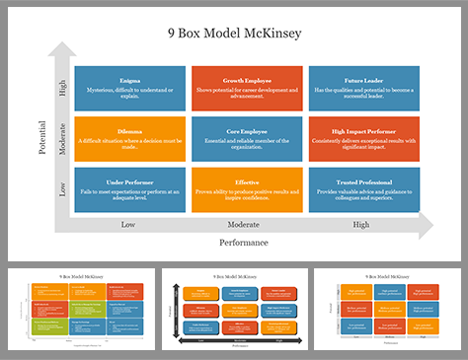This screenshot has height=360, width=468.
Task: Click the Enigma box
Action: pyautogui.click(x=130, y=88)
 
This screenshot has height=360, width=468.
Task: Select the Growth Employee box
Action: pyautogui.click(x=248, y=88)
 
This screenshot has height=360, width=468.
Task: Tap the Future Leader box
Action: pyautogui.click(x=364, y=88)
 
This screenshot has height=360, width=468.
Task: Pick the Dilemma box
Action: pyautogui.click(x=130, y=138)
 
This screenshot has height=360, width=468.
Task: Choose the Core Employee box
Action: pyautogui.click(x=248, y=138)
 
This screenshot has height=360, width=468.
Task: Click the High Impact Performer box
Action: pyautogui.click(x=364, y=138)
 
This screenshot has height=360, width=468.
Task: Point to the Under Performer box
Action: pyautogui.click(x=130, y=189)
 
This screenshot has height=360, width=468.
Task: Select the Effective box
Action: pyautogui.click(x=248, y=189)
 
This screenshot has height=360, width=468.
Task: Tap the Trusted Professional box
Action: pyautogui.click(x=364, y=189)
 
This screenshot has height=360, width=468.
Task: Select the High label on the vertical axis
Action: pyautogui.click(x=63, y=88)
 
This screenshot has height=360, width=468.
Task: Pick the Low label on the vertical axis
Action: pyautogui.click(x=63, y=188)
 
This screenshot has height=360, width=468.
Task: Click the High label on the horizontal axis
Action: pyautogui.click(x=361, y=225)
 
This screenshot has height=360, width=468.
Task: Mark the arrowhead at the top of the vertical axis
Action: pyautogui.click(x=63, y=49)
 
